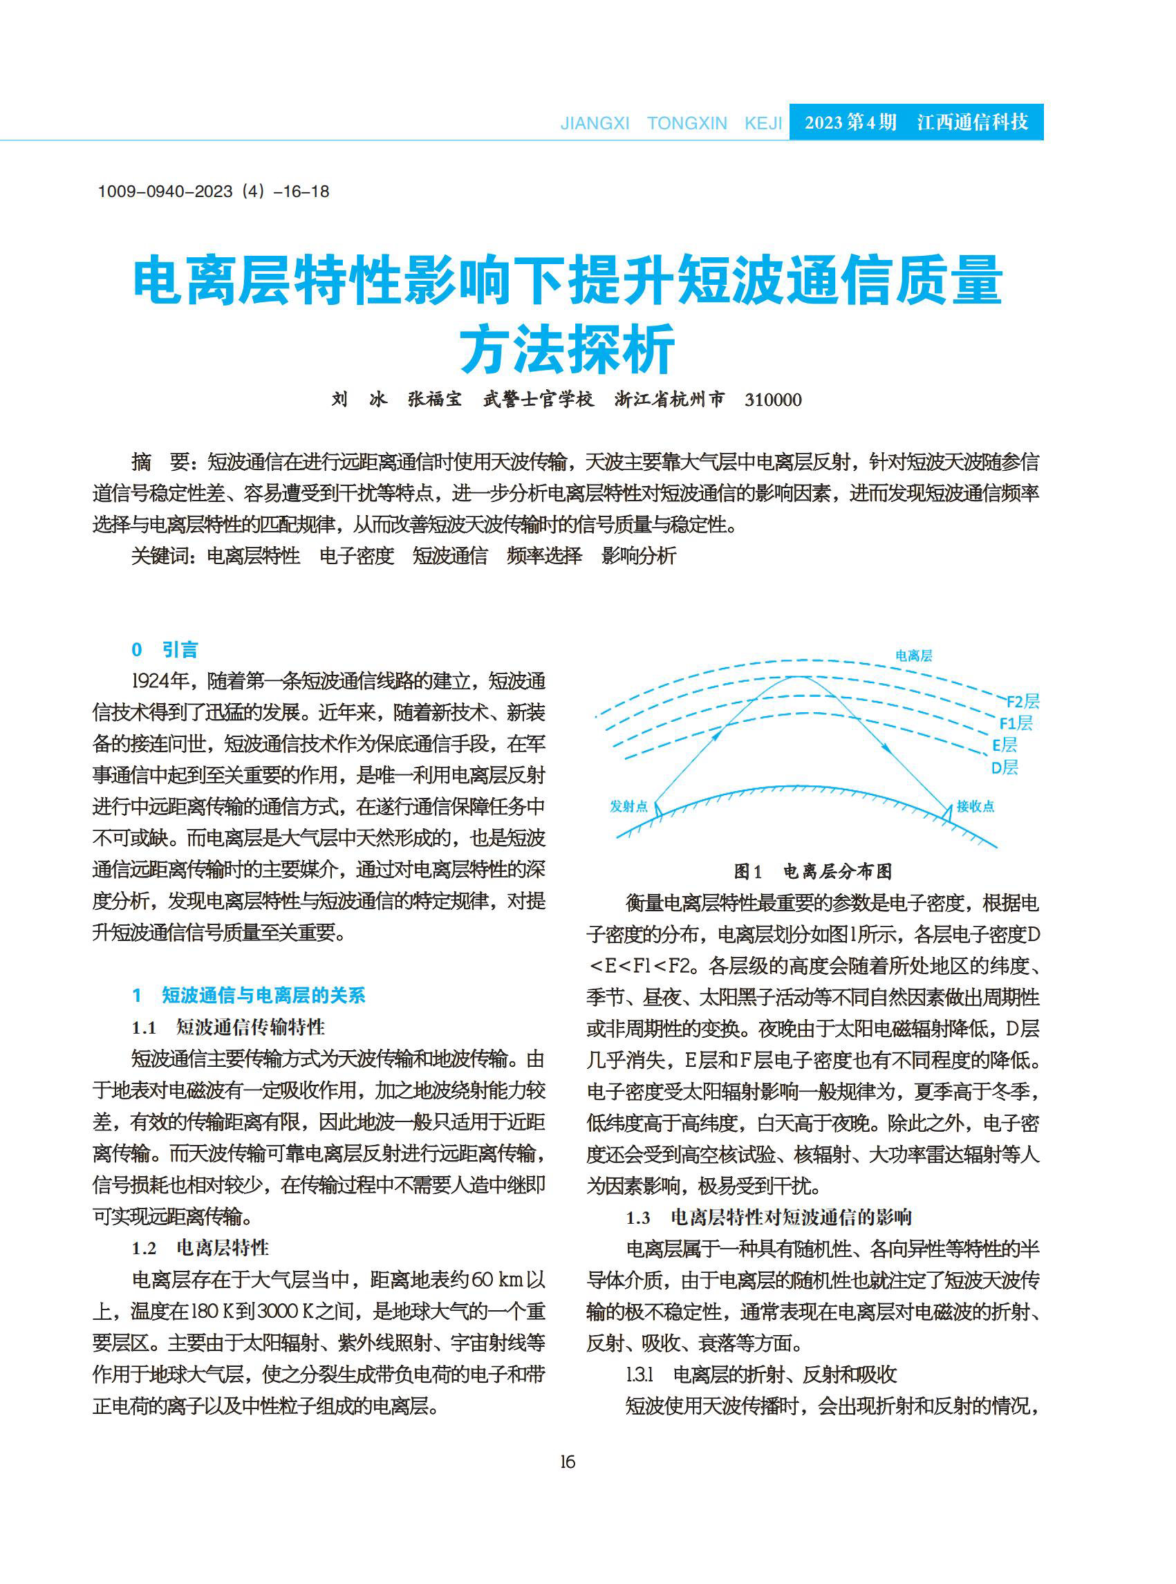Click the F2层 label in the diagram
coord(1023,701)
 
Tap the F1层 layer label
coord(1015,723)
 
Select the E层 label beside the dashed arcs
coord(1005,745)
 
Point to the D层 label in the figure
coord(1005,767)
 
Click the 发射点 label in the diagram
coord(628,806)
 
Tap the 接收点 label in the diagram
coord(975,806)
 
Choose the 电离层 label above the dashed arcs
coord(913,655)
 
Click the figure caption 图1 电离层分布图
coord(812,871)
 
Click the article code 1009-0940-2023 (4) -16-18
coord(214,192)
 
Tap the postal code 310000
coord(773,400)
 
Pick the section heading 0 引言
coord(165,649)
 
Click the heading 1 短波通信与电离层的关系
coord(248,995)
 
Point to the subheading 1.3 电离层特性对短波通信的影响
coord(769,1218)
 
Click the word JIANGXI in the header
coord(595,123)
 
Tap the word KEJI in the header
coord(763,123)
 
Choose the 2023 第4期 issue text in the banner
coord(850,122)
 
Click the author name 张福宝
coord(434,400)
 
